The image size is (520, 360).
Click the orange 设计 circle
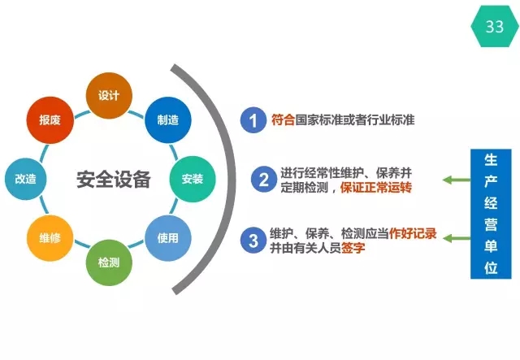[109, 96]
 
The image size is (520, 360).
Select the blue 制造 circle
[168, 119]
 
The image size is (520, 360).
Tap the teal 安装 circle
[193, 179]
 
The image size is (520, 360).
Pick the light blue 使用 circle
[168, 238]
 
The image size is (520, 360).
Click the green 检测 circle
[109, 262]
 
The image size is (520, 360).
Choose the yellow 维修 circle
[50, 238]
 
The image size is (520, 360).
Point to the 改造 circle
[25, 179]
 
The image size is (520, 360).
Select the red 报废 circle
[50, 119]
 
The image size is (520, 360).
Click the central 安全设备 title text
[114, 179]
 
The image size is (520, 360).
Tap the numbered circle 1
[253, 120]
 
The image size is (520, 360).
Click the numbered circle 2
[263, 180]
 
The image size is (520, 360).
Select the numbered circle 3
[253, 240]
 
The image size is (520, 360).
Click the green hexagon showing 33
[495, 26]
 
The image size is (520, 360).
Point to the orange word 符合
[284, 119]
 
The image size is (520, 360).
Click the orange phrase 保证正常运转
[376, 188]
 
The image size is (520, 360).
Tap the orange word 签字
[353, 248]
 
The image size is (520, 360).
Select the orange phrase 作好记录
[413, 233]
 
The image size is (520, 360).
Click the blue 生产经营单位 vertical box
[491, 214]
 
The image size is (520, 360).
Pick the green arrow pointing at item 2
[457, 180]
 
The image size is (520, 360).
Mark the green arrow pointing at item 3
[457, 238]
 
